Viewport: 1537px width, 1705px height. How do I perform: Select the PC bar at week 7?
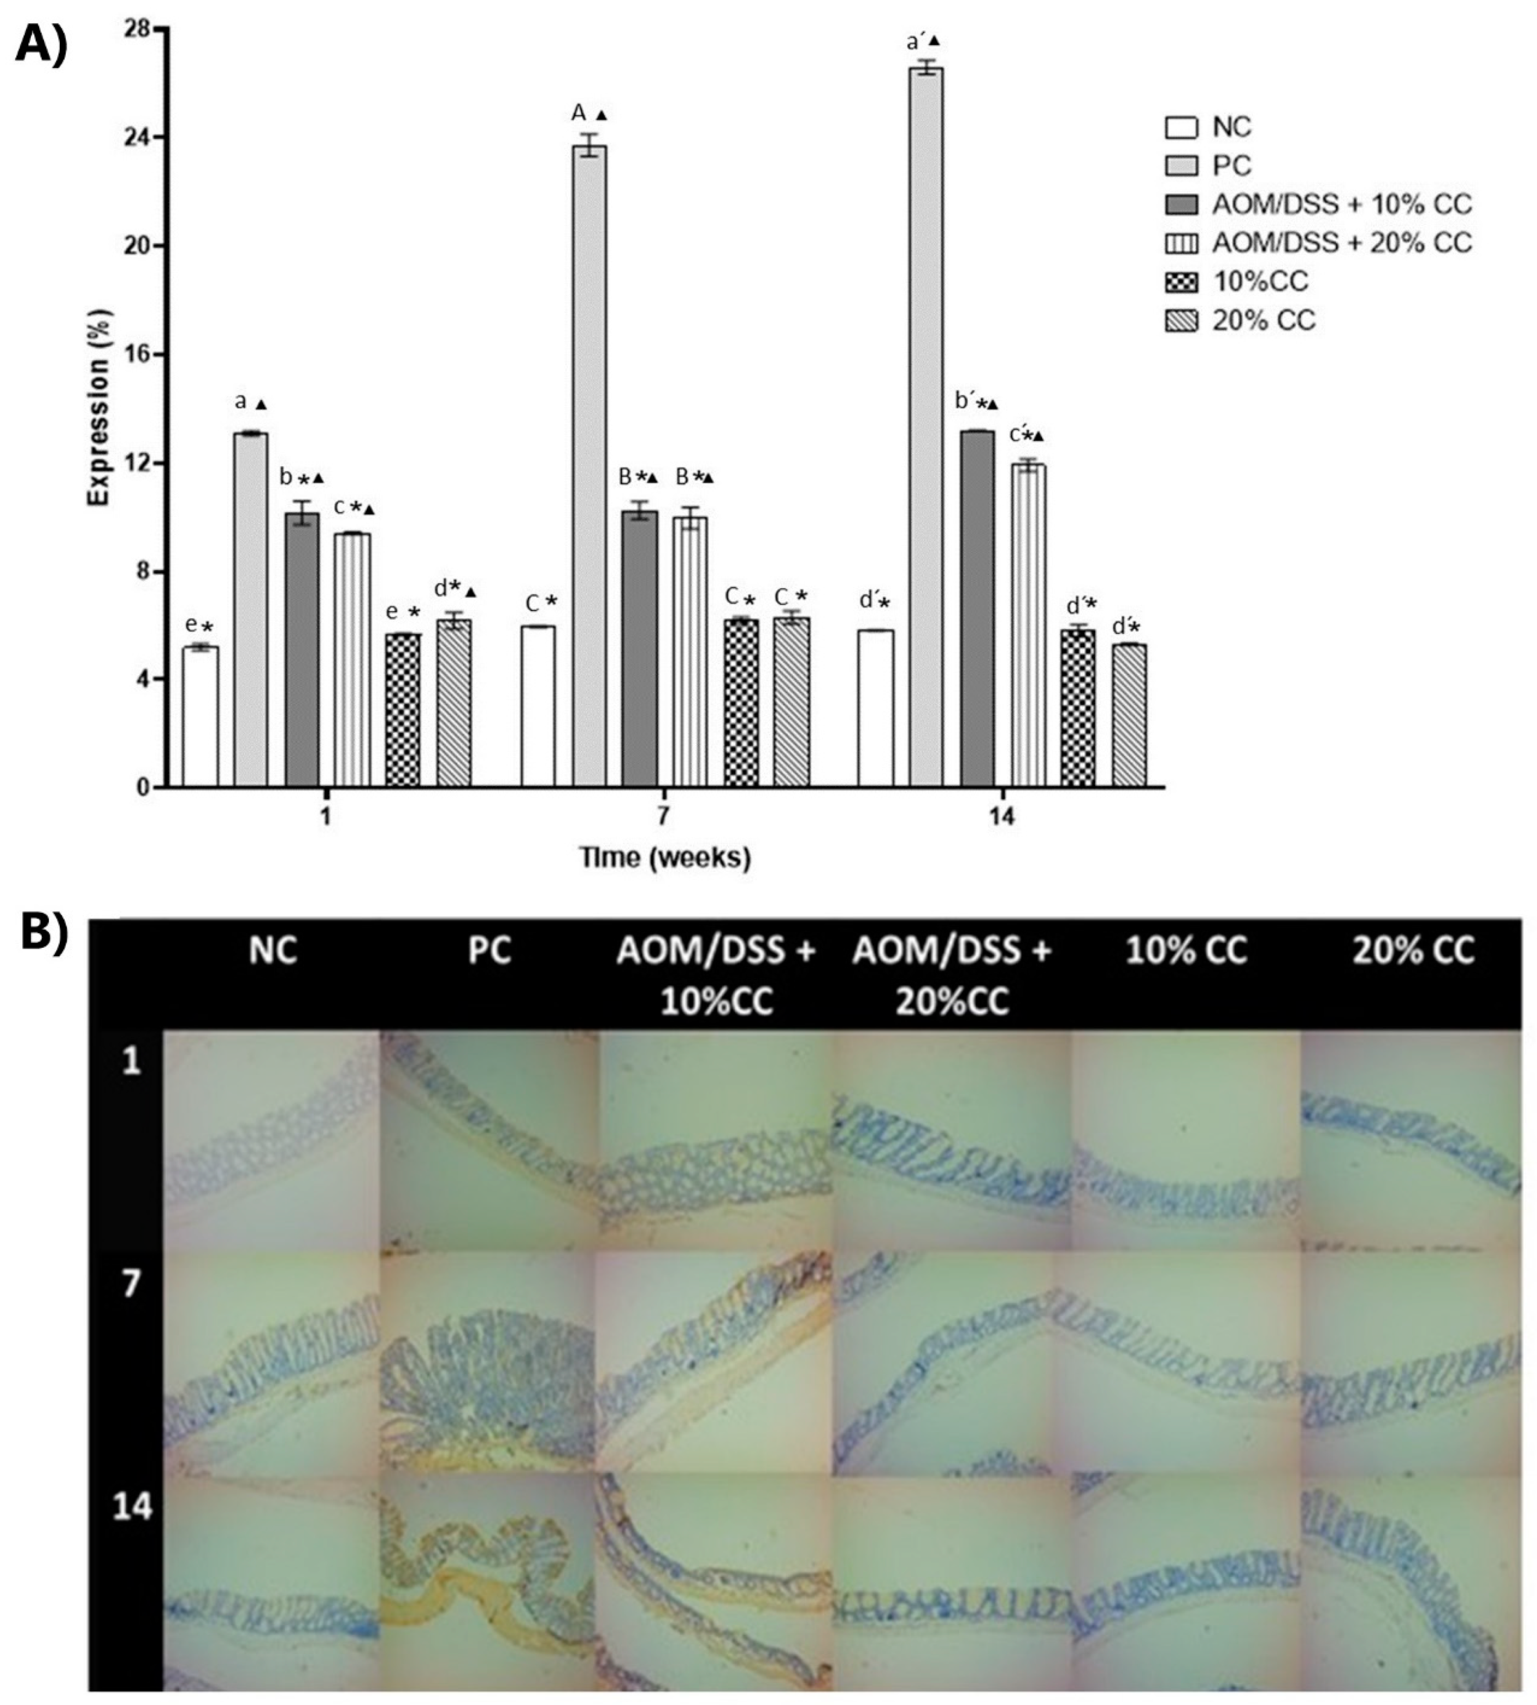point(589,465)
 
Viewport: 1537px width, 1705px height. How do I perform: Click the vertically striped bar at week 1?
point(352,659)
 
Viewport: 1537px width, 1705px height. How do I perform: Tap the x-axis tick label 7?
point(664,817)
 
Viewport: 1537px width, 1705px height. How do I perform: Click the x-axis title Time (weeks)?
point(664,858)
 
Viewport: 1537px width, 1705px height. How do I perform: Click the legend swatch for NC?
point(1181,128)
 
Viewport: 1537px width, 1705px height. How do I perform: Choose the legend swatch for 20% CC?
point(1181,321)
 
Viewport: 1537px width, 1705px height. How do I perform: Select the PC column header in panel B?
point(490,952)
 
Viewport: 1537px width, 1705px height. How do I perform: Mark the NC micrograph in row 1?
point(272,1140)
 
